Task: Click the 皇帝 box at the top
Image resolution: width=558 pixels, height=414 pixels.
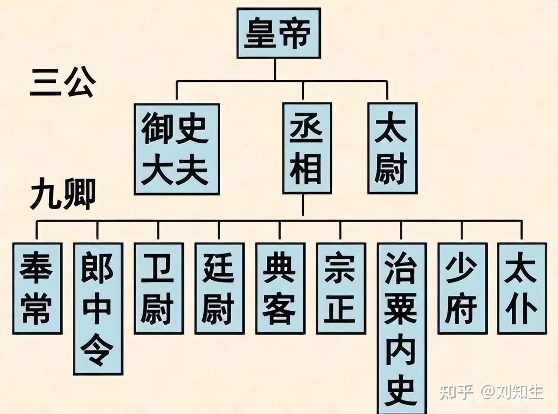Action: coord(279,33)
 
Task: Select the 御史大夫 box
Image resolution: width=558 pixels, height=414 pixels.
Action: coord(177,149)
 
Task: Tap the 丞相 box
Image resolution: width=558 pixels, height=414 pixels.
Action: coord(307,148)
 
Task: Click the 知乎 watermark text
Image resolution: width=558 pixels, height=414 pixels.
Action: coord(456,392)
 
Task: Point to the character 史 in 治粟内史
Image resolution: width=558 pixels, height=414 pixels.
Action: coord(401,392)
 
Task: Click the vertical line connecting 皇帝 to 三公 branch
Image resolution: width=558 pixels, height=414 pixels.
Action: coord(275,69)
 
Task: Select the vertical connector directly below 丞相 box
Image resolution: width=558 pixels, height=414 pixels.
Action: coord(303,206)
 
